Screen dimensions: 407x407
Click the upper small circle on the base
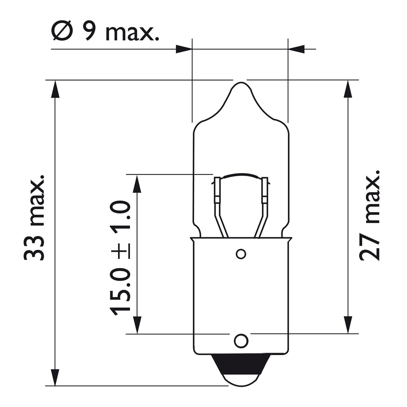pyautogui.click(x=241, y=254)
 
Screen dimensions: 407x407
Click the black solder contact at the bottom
pyautogui.click(x=240, y=364)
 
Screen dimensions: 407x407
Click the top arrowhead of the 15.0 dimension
pyautogui.click(x=138, y=183)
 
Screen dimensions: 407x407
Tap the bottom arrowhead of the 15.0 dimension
pyautogui.click(x=138, y=325)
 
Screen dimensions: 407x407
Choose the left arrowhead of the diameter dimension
pyautogui.click(x=184, y=49)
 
